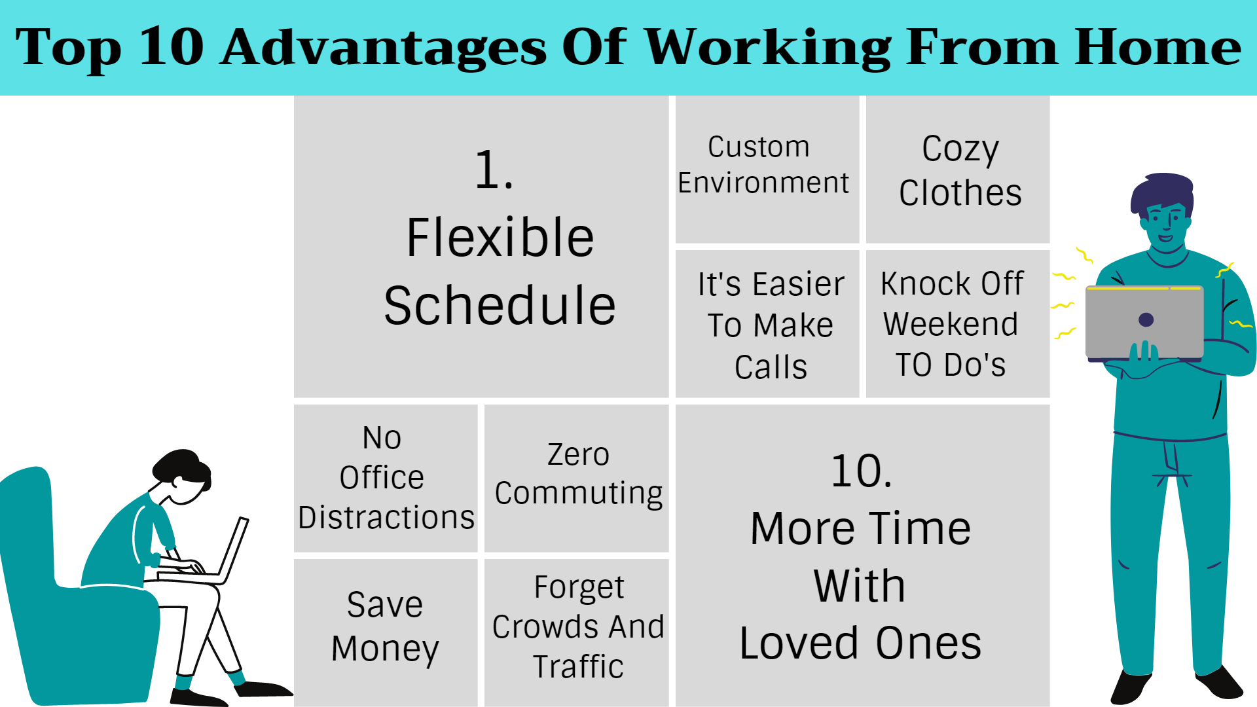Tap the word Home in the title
pyautogui.click(x=1157, y=47)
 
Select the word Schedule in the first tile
pyautogui.click(x=500, y=306)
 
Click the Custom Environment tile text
pyautogui.click(x=763, y=165)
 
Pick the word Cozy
pyautogui.click(x=960, y=149)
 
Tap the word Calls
pyautogui.click(x=771, y=367)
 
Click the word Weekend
pyautogui.click(x=951, y=324)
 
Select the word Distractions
pyautogui.click(x=386, y=517)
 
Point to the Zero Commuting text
pyautogui.click(x=579, y=475)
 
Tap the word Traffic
pyautogui.click(x=578, y=666)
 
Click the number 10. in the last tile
pyautogui.click(x=861, y=471)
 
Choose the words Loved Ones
pyautogui.click(x=860, y=643)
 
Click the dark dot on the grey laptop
pyautogui.click(x=1146, y=319)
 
